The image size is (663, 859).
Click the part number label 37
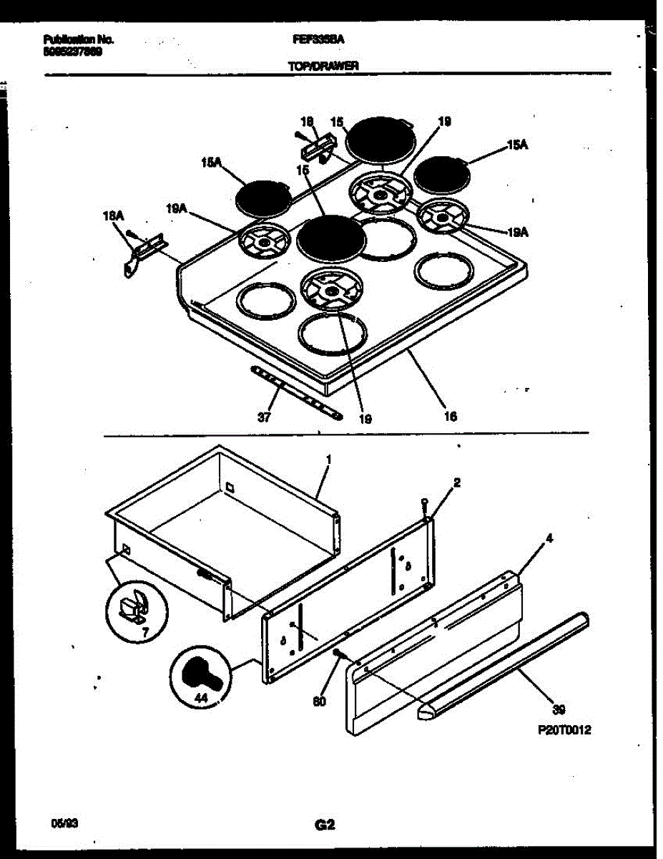264,419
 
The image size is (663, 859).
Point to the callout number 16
450,416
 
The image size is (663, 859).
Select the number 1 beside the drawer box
328,458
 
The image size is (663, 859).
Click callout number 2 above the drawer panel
457,482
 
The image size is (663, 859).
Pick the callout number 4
549,538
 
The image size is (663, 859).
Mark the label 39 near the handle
559,709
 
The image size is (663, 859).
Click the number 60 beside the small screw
319,702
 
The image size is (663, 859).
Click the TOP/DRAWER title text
323,66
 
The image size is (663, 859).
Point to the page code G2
325,825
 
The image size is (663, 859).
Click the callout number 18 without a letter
308,122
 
